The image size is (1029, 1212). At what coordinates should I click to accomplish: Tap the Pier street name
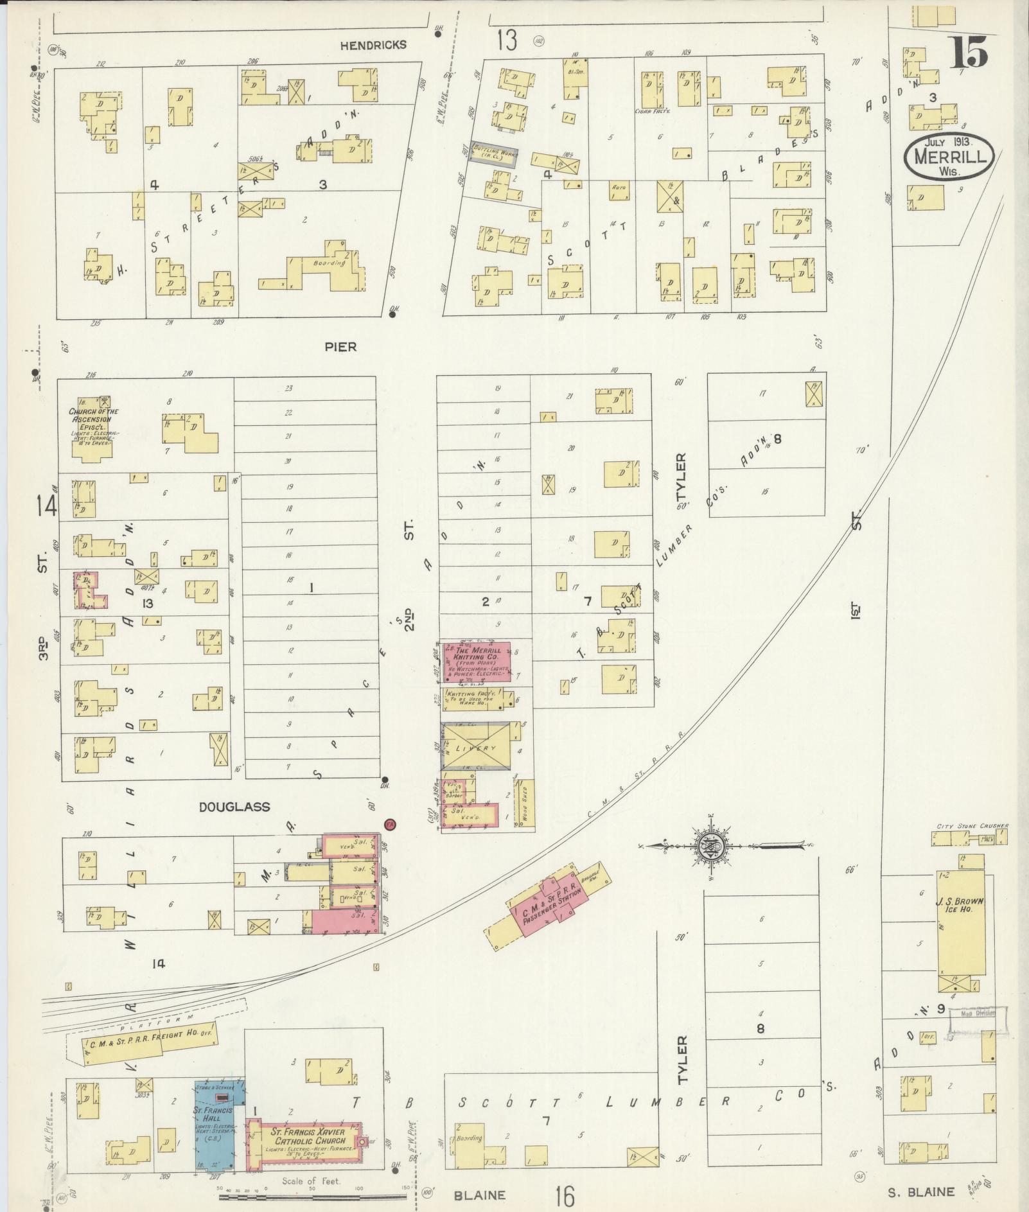point(340,347)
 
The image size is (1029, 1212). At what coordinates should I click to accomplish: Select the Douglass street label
point(234,807)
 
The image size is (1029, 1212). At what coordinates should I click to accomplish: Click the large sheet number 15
point(969,53)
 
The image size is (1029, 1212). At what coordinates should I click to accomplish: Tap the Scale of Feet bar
point(315,1196)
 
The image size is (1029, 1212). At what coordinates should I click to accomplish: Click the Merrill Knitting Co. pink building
point(478,662)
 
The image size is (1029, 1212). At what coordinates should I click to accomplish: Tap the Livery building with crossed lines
point(476,746)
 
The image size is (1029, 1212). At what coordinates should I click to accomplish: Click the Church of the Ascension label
point(94,419)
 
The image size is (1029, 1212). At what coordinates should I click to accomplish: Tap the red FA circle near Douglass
point(389,823)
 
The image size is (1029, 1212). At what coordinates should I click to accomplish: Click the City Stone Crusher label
point(970,826)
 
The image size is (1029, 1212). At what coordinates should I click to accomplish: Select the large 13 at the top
point(506,40)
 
